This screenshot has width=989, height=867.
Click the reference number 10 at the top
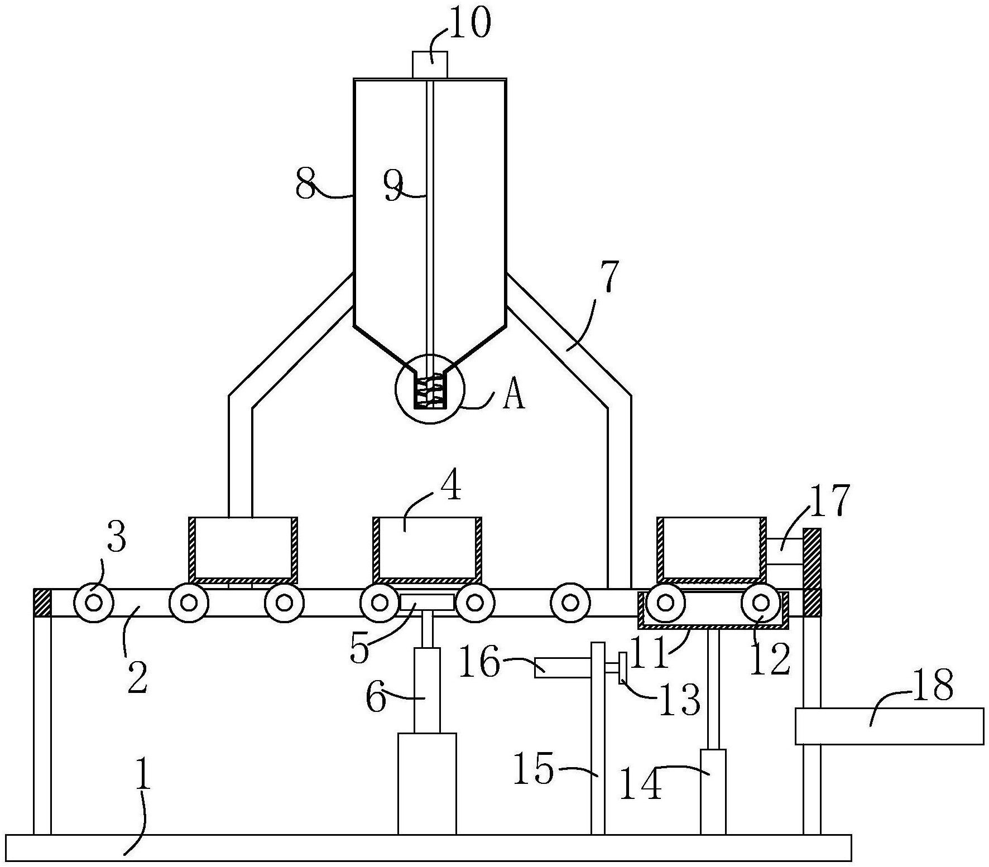click(469, 24)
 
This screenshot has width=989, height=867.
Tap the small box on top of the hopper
click(430, 65)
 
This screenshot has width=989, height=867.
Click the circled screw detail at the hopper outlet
click(430, 388)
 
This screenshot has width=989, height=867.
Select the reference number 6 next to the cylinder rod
click(376, 697)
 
